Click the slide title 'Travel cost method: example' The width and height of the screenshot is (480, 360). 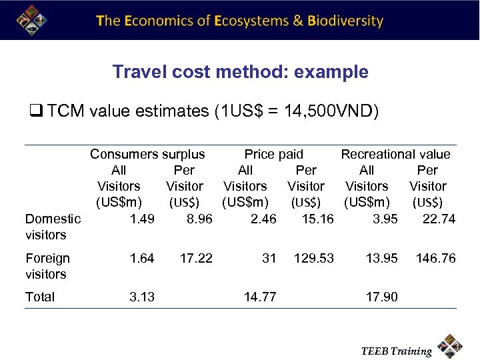(240, 72)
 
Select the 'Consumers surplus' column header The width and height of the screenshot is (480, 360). (147, 154)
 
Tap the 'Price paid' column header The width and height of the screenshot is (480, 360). (273, 154)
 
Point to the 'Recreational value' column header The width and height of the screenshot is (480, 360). (395, 154)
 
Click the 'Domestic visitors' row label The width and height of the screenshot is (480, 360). (53, 227)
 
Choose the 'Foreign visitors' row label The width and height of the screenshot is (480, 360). (47, 265)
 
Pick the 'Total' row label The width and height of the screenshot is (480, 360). (40, 297)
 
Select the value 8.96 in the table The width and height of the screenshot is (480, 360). (199, 219)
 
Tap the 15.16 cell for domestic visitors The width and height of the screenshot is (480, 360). (317, 219)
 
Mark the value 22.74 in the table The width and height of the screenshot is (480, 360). (439, 219)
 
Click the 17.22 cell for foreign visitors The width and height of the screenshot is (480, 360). (196, 258)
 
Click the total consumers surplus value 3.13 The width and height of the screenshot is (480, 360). (142, 297)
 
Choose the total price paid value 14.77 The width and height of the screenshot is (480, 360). (260, 297)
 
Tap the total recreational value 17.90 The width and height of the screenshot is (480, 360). (381, 297)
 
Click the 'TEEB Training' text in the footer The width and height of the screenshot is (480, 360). (396, 351)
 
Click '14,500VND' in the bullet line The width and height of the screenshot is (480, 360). (325, 111)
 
